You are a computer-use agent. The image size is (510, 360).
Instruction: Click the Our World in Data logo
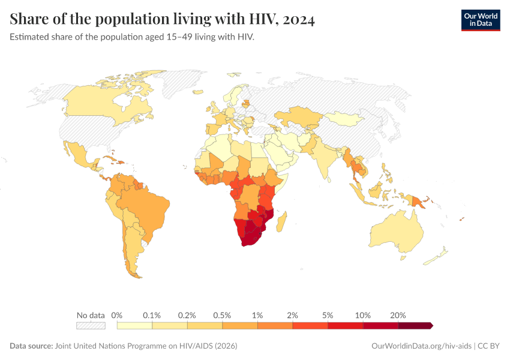480,20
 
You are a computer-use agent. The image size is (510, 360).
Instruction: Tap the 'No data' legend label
91,315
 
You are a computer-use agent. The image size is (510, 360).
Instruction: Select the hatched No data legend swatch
91,326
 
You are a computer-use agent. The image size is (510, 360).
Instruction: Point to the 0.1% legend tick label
152,315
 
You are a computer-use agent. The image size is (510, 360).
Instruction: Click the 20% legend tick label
398,315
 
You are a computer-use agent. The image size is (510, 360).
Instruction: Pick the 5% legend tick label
328,315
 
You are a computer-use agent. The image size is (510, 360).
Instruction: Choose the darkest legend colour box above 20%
415,326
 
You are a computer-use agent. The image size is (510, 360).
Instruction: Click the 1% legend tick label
257,315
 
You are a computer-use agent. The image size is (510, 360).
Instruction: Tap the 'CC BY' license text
488,346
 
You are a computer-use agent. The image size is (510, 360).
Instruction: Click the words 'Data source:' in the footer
31,346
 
